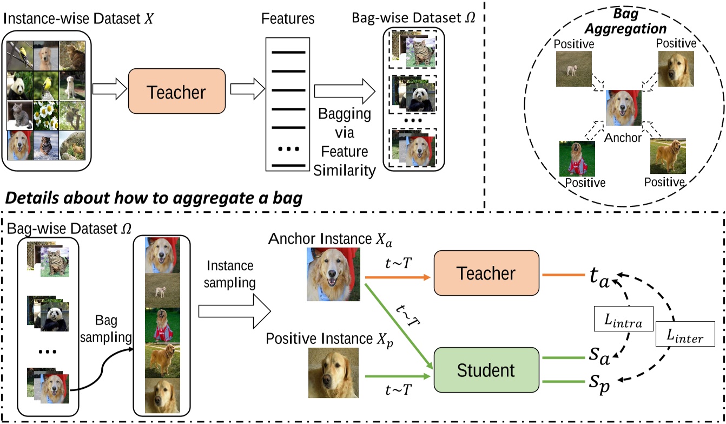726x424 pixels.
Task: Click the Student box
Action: point(486,370)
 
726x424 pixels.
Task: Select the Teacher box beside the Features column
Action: point(176,91)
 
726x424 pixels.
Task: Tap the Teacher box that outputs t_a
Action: point(486,274)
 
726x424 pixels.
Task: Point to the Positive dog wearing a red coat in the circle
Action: point(577,158)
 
